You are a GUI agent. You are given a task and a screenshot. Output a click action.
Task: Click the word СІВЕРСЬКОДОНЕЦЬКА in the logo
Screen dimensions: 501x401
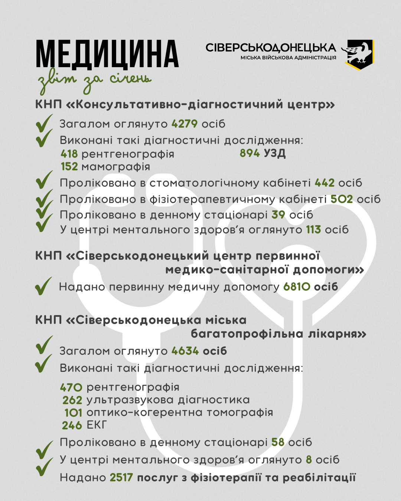[x=271, y=48]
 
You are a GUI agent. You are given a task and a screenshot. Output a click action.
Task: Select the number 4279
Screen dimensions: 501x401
[x=185, y=124]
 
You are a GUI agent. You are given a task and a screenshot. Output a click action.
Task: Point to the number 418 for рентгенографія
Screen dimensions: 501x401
[x=69, y=154]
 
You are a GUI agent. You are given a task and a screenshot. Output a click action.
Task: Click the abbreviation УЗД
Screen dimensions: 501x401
[x=274, y=153]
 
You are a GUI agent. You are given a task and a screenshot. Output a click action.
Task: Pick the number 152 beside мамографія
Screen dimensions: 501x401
[x=69, y=167]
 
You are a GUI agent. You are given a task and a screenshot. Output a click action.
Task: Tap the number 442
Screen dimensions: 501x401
[x=325, y=183]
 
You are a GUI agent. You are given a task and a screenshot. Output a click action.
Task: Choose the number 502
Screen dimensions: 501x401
[x=342, y=199]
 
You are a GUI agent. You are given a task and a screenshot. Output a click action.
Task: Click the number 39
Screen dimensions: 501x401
[x=278, y=215]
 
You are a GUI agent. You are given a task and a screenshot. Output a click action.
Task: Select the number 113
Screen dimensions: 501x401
[x=313, y=230]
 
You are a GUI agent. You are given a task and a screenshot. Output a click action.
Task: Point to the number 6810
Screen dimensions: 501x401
[x=297, y=287]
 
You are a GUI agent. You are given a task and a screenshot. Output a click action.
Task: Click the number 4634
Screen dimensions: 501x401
[x=185, y=351]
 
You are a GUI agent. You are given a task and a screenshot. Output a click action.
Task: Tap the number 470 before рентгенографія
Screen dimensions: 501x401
[x=71, y=387]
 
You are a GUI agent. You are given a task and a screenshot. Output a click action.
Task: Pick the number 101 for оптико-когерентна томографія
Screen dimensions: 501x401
[x=74, y=413]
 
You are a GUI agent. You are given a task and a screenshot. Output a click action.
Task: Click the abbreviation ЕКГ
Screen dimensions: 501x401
[x=97, y=425]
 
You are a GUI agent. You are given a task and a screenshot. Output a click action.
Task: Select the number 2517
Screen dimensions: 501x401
[x=121, y=477]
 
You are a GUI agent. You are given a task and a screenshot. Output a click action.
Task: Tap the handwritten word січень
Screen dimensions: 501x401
[x=130, y=79]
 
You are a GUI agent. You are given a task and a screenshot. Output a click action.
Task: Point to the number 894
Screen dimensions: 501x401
[x=250, y=153]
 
